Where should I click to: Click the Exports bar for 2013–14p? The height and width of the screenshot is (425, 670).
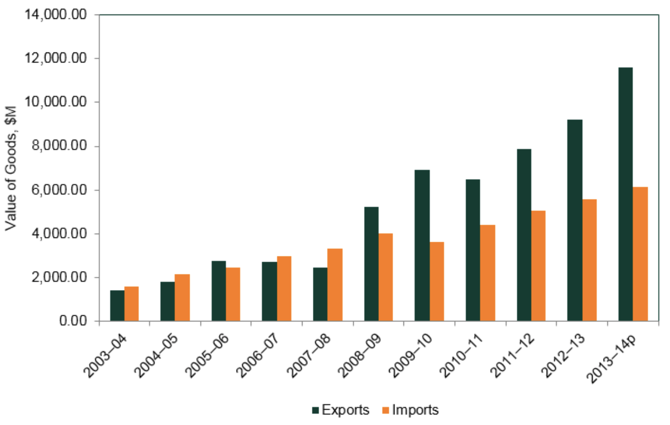[x=625, y=194]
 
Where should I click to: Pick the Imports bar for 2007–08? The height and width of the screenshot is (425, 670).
[x=335, y=285]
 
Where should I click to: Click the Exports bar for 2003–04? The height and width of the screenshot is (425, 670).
[x=117, y=306]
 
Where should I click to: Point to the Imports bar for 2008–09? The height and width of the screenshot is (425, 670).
[x=386, y=277]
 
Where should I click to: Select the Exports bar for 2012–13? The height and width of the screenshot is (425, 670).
[x=574, y=220]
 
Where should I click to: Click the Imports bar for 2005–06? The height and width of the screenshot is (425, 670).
[x=233, y=294]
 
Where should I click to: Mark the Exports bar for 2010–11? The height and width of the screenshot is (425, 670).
[x=473, y=250]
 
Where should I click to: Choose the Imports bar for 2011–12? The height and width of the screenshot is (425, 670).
[x=538, y=266]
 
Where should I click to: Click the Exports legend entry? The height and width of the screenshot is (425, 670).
[x=340, y=410]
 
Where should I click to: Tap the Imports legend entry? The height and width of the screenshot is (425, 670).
[x=410, y=410]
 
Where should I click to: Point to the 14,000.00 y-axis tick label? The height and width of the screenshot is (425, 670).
[x=56, y=15]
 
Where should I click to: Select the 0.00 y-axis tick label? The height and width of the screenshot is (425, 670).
[x=73, y=321]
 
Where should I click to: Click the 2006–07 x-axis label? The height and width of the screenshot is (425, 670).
[x=257, y=356]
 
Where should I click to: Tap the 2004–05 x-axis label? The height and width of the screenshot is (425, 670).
[x=156, y=356]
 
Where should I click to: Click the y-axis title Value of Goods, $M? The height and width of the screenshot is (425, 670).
[x=11, y=168]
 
